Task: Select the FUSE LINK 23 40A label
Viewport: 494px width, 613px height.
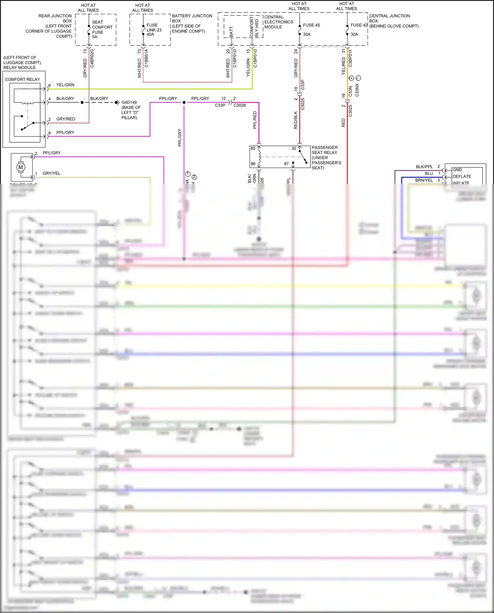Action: tap(154, 30)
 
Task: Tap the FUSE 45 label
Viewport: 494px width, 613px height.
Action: tap(311, 25)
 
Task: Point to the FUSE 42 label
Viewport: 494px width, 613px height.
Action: tap(359, 25)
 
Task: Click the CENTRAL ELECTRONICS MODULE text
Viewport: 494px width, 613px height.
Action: tap(278, 22)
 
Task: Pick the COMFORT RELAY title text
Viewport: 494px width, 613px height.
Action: tap(22, 79)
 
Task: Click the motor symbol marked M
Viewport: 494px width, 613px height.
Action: tap(21, 167)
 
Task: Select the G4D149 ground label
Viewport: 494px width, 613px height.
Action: tap(129, 102)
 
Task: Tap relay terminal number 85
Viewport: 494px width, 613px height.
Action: tap(253, 149)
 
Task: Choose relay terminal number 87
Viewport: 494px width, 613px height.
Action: tap(286, 164)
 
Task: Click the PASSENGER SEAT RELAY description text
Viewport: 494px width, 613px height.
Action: tap(326, 157)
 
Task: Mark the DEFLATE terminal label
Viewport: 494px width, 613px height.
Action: tap(462, 177)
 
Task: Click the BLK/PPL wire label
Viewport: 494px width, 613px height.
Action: tap(424, 167)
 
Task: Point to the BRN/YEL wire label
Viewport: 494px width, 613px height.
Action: tap(424, 180)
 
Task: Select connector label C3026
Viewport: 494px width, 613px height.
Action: tap(239, 105)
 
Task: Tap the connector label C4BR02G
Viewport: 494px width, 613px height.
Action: tap(92, 58)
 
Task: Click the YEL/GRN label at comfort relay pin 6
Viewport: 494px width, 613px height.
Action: tap(65, 85)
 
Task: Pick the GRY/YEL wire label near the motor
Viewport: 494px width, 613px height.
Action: tap(51, 173)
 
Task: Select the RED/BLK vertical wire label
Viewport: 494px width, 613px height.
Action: tap(295, 120)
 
